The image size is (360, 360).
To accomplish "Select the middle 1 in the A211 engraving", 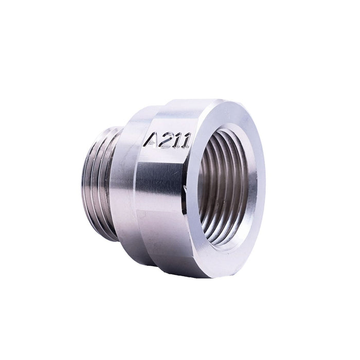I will (176, 140).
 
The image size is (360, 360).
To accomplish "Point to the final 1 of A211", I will (185, 140).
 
